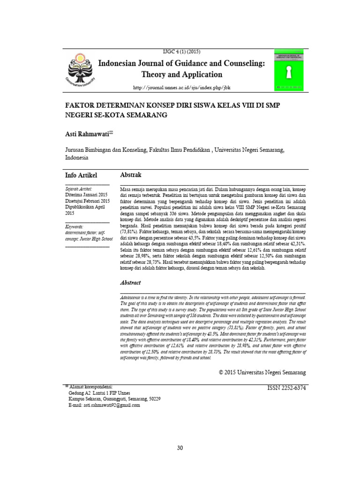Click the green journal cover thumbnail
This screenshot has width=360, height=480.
point(288,68)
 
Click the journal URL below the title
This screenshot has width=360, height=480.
point(182,88)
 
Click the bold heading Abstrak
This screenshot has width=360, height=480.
point(131,175)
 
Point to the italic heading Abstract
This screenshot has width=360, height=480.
point(131,283)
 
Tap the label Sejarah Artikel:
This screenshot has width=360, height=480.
point(78,188)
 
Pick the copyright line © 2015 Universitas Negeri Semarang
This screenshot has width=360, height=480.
point(262,372)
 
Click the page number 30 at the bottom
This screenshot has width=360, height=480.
point(180,448)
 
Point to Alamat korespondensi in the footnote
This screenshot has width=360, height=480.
point(92,387)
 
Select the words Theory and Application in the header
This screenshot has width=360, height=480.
point(182,75)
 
